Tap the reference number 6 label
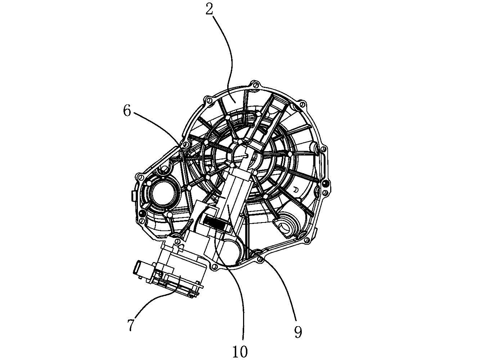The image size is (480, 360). point(127,111)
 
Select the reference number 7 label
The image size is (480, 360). point(131,325)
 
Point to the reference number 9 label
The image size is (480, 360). point(298,332)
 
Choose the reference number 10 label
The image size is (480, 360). point(240,351)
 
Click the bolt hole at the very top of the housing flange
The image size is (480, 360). point(255,85)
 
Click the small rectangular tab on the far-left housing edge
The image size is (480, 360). point(133,196)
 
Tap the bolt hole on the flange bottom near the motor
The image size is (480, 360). point(215,266)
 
